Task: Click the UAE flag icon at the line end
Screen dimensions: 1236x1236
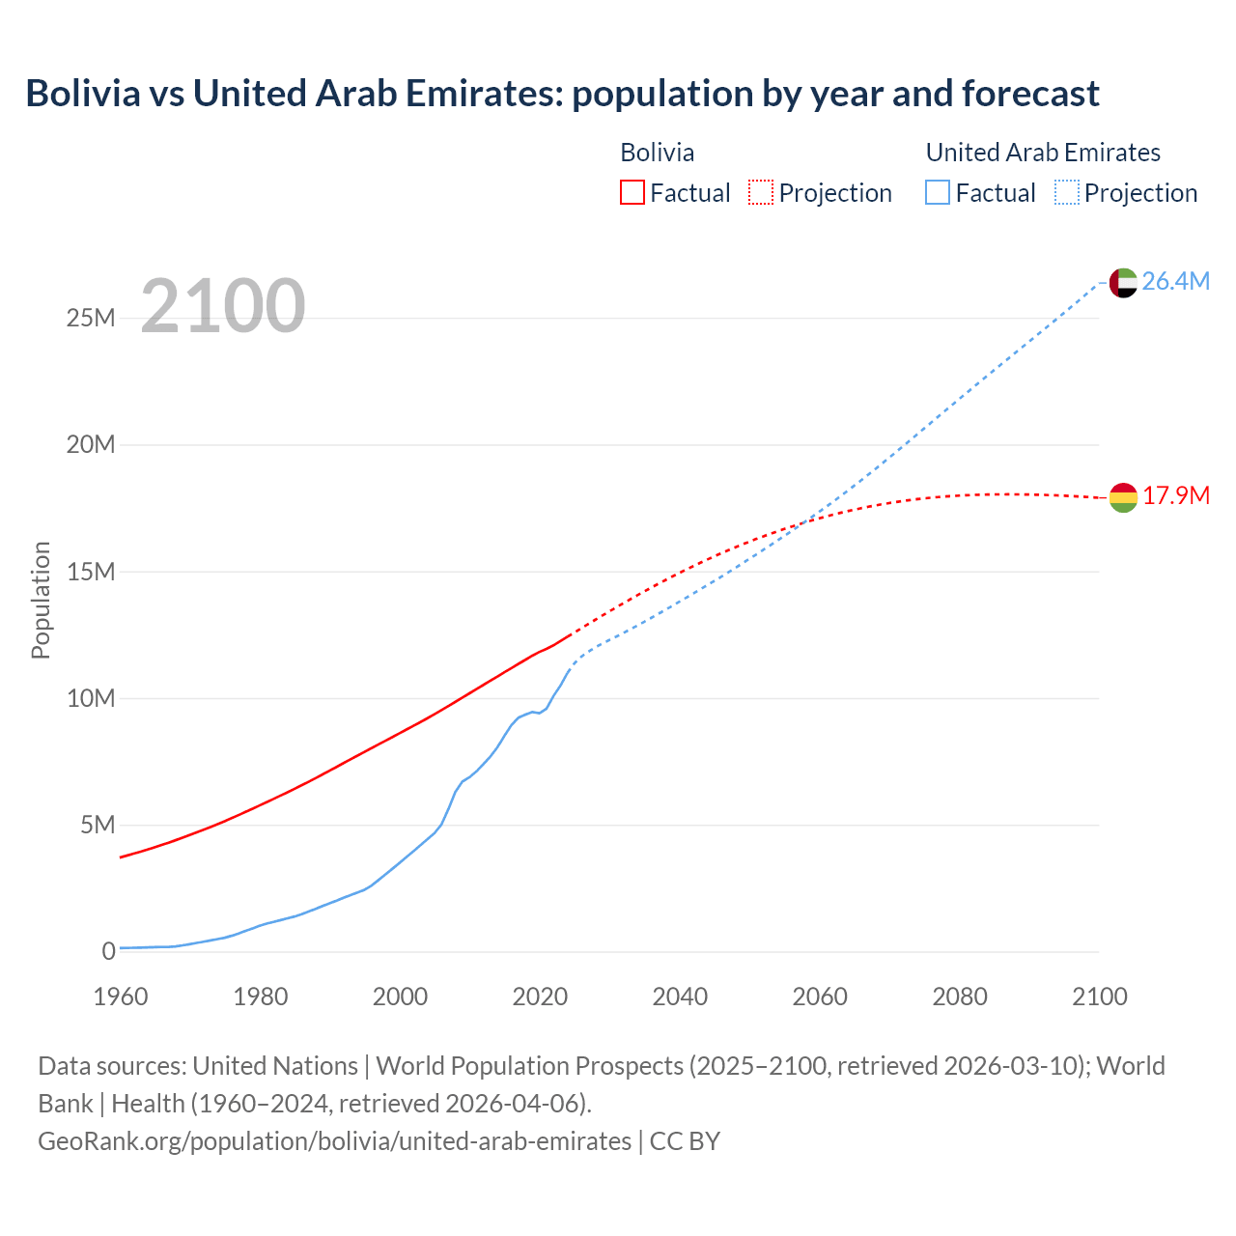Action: [x=1123, y=283]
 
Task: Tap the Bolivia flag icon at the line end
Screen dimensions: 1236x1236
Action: [x=1123, y=497]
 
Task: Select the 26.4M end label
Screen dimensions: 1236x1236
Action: [x=1175, y=281]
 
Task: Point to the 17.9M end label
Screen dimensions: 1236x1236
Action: [x=1175, y=495]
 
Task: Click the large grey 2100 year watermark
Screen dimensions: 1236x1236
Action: [x=223, y=306]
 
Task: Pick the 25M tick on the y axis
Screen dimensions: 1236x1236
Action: [x=91, y=318]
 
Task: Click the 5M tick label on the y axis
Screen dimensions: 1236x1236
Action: [x=98, y=825]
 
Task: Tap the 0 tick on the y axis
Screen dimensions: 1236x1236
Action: [x=108, y=951]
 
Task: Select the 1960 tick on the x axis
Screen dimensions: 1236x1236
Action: [x=121, y=997]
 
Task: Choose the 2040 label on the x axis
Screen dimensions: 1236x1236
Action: [x=680, y=997]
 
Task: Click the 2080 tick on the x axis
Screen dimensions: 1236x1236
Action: [x=960, y=997]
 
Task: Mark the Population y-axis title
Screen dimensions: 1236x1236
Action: [x=41, y=600]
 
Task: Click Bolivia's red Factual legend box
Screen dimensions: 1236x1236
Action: [x=632, y=192]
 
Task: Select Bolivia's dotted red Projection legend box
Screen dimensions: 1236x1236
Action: [x=761, y=192]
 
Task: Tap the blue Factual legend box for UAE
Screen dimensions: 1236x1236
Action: [x=938, y=192]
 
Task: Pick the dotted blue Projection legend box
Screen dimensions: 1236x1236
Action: [x=1067, y=192]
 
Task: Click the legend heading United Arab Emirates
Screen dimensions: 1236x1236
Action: [x=1043, y=153]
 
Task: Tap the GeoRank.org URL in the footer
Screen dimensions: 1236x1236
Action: [x=334, y=1140]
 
